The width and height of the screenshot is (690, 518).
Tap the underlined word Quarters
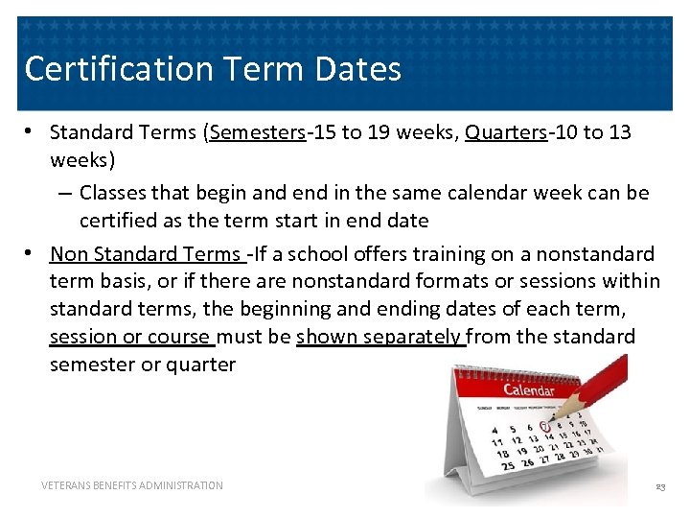505,131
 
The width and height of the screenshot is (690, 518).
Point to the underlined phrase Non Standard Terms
146,254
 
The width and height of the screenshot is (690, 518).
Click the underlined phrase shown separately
380,337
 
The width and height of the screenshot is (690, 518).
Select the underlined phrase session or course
130,337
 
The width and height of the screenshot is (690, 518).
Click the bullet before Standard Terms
32,131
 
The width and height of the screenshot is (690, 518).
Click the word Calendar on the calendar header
529,389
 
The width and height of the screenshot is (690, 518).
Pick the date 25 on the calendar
507,465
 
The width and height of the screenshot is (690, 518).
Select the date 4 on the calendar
494,430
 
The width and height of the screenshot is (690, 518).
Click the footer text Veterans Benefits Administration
132,485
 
